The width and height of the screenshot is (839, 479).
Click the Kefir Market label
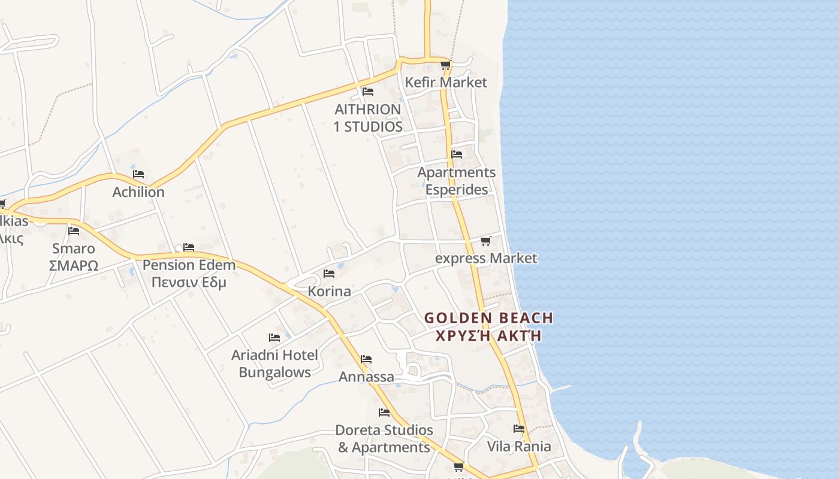coord(446,82)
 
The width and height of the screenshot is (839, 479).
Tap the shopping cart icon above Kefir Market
coord(445,65)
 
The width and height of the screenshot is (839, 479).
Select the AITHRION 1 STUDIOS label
coord(368,118)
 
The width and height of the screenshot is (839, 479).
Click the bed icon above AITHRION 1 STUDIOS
coord(368,92)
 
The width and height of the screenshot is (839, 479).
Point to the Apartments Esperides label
coord(457,181)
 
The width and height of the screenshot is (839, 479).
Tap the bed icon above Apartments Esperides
coord(457,154)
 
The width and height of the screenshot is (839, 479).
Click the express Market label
coord(486,258)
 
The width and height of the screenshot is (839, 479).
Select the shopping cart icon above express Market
coord(486,241)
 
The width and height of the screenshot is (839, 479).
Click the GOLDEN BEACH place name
coord(488,318)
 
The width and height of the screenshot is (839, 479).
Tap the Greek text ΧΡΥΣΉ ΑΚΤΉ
coord(488,335)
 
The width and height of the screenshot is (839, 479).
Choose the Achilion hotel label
coord(138,192)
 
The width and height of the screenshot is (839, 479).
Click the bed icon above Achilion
coord(138,174)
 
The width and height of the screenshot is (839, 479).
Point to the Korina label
coord(329,292)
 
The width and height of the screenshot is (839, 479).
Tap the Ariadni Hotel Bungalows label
coord(274,363)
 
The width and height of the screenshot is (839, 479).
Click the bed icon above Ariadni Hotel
coord(274,338)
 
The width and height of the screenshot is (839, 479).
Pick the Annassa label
coord(366,377)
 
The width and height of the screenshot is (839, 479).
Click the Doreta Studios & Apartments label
coord(384,438)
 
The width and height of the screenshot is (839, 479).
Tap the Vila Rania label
coord(519,446)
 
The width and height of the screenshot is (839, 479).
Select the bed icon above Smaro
coord(74,231)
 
